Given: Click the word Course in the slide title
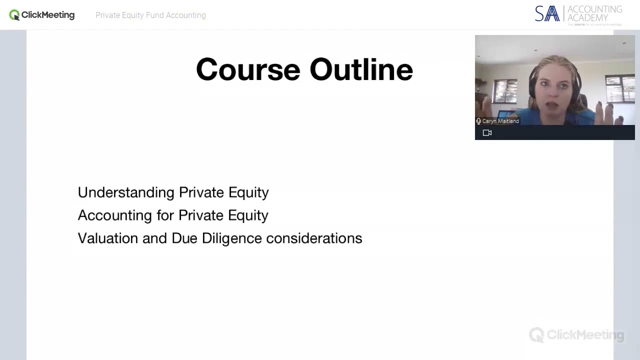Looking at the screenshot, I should point(247,69).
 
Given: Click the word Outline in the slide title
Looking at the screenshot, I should point(361,69).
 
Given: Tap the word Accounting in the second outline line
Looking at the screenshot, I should point(114,215).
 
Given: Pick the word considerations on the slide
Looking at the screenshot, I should point(314,238).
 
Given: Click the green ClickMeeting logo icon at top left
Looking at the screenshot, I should point(14,15).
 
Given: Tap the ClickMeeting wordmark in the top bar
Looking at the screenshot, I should point(48,15).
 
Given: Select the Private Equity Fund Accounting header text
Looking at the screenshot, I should point(150,15).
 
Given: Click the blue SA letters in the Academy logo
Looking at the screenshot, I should point(547,14).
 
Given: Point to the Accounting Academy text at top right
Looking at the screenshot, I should point(594,13).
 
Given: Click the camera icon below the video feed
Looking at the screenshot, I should point(487,132).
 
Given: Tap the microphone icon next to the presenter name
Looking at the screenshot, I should point(478,121).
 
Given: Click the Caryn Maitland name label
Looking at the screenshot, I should point(500,121).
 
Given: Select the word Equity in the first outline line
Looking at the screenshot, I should point(248,192).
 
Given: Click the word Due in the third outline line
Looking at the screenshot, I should point(184,238).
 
